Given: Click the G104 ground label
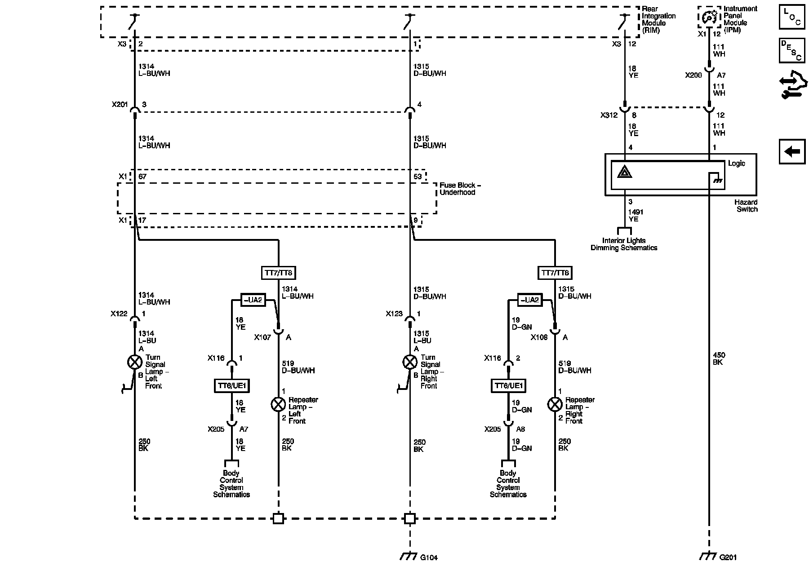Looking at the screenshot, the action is (x=429, y=557).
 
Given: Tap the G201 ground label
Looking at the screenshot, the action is (x=728, y=557).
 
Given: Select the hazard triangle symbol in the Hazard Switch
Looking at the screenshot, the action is (x=625, y=172).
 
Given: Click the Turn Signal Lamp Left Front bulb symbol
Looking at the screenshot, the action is (x=135, y=362).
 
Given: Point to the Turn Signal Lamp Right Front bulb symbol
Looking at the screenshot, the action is (x=410, y=362).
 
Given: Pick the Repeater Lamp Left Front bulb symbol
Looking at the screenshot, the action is (x=278, y=404).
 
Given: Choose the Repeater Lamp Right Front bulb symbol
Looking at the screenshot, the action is (x=555, y=404).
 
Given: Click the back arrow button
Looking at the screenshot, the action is (x=792, y=152).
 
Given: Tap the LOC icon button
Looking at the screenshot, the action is (x=792, y=18).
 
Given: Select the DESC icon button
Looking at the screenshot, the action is (x=792, y=50).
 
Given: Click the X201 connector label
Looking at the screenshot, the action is (x=120, y=105).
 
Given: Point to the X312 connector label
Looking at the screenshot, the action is (x=609, y=115).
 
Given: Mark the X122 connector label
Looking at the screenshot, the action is (x=119, y=314).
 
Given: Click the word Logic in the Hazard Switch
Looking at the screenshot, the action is (x=737, y=164).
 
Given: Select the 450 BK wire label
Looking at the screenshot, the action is (x=719, y=358).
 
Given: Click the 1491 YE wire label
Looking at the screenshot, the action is (x=636, y=215).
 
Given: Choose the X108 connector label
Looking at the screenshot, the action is (x=539, y=337).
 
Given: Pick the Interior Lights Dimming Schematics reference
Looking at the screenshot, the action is (x=624, y=244).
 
